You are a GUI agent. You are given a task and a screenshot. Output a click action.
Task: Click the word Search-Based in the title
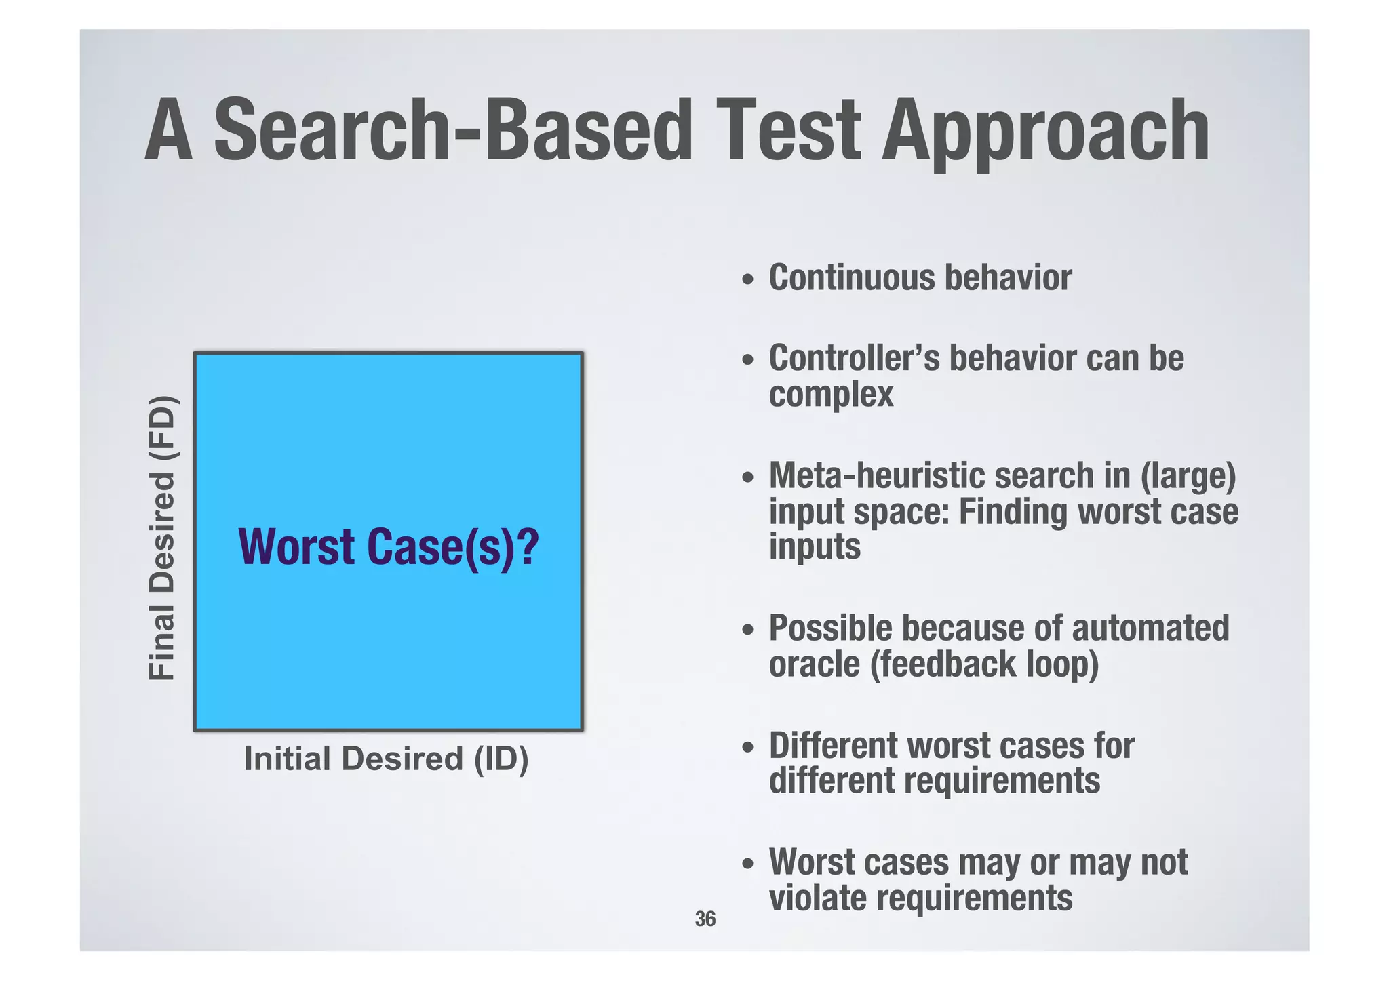[453, 130]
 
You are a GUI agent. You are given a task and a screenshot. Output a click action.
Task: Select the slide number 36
[705, 919]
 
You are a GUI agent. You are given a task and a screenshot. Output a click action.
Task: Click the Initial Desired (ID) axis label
[386, 759]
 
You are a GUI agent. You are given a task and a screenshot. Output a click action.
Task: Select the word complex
[831, 395]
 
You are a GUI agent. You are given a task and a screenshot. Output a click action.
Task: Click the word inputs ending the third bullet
[814, 546]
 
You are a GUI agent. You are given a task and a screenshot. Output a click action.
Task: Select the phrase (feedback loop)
[983, 664]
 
